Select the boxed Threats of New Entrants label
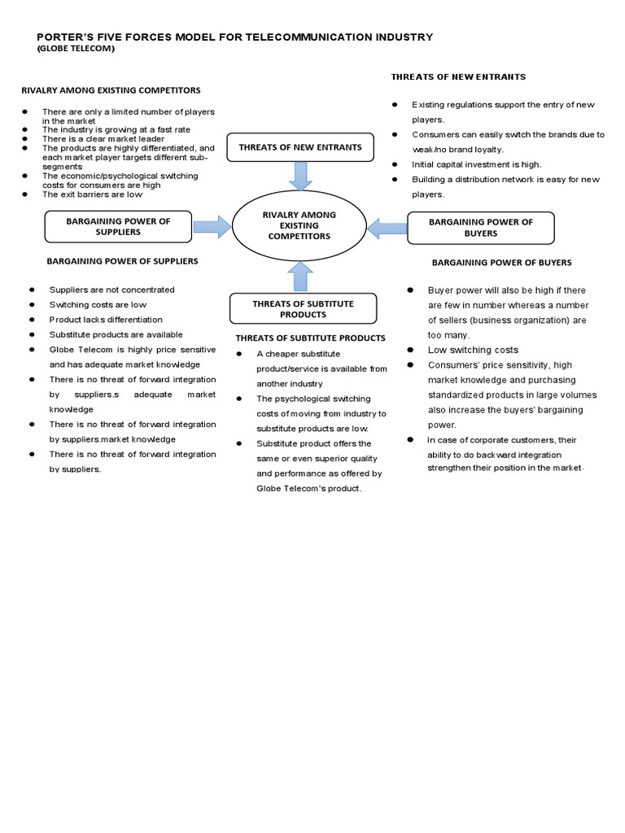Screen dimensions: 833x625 (299, 147)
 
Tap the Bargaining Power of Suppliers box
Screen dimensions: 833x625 (118, 226)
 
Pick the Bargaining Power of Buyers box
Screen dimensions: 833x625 (480, 227)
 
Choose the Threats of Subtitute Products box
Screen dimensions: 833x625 (303, 308)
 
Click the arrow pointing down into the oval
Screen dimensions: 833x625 (301, 176)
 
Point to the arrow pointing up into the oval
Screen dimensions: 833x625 (301, 276)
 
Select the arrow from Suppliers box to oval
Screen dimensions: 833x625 (212, 225)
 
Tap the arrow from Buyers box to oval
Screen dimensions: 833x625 (387, 227)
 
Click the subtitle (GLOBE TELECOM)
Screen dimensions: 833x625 (76, 49)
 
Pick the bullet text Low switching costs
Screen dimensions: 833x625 (473, 350)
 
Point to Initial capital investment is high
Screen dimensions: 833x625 (476, 164)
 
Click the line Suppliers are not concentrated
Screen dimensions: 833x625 (111, 290)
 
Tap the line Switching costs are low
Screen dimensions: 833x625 (98, 304)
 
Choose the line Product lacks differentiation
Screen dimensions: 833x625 (106, 320)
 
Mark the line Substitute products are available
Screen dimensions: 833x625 (116, 334)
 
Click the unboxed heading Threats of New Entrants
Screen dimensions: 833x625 (458, 76)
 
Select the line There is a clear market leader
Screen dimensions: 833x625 (103, 139)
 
